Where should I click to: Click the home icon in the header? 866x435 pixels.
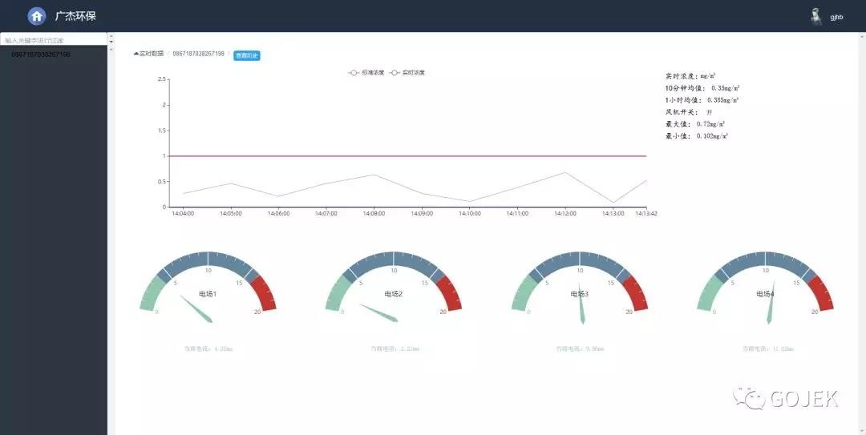tap(37, 16)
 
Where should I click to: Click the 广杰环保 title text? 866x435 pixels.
tap(75, 16)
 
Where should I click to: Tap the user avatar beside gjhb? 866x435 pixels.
tap(815, 17)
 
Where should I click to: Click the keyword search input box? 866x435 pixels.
tap(54, 39)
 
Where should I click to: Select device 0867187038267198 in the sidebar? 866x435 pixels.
tap(41, 54)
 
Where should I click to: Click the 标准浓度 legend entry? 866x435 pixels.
tap(364, 73)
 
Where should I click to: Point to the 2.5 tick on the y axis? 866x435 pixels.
tap(162, 79)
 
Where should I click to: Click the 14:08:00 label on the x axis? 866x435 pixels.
tap(373, 214)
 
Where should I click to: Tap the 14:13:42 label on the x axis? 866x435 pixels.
tap(635, 214)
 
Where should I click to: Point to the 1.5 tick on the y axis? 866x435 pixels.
tap(162, 131)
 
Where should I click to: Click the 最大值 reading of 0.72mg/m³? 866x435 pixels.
tap(696, 124)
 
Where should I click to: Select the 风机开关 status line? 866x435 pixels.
tap(689, 112)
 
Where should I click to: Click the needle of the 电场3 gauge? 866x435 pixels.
tap(582, 308)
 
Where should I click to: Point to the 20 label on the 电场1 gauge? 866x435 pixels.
tap(257, 312)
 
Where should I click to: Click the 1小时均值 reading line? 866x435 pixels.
tap(702, 100)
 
